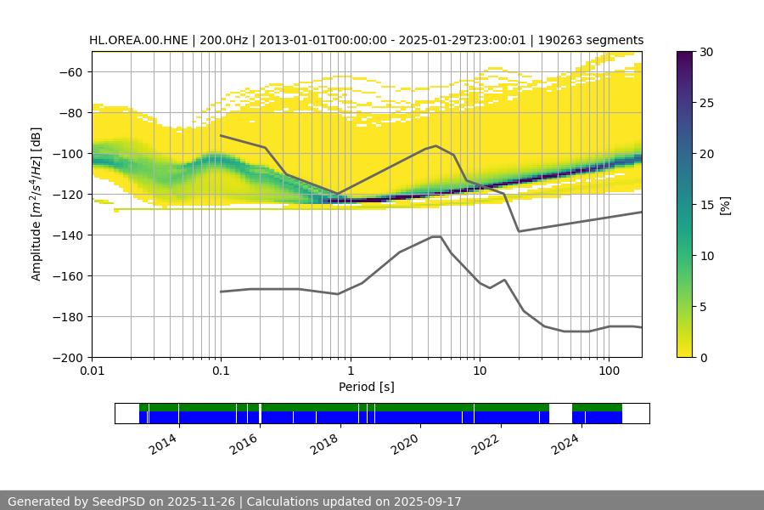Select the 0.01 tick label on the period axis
tap(92, 371)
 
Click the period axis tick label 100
tap(609, 371)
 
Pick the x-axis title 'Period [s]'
tap(367, 387)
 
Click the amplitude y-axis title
tap(37, 204)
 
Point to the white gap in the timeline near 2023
tap(560, 413)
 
